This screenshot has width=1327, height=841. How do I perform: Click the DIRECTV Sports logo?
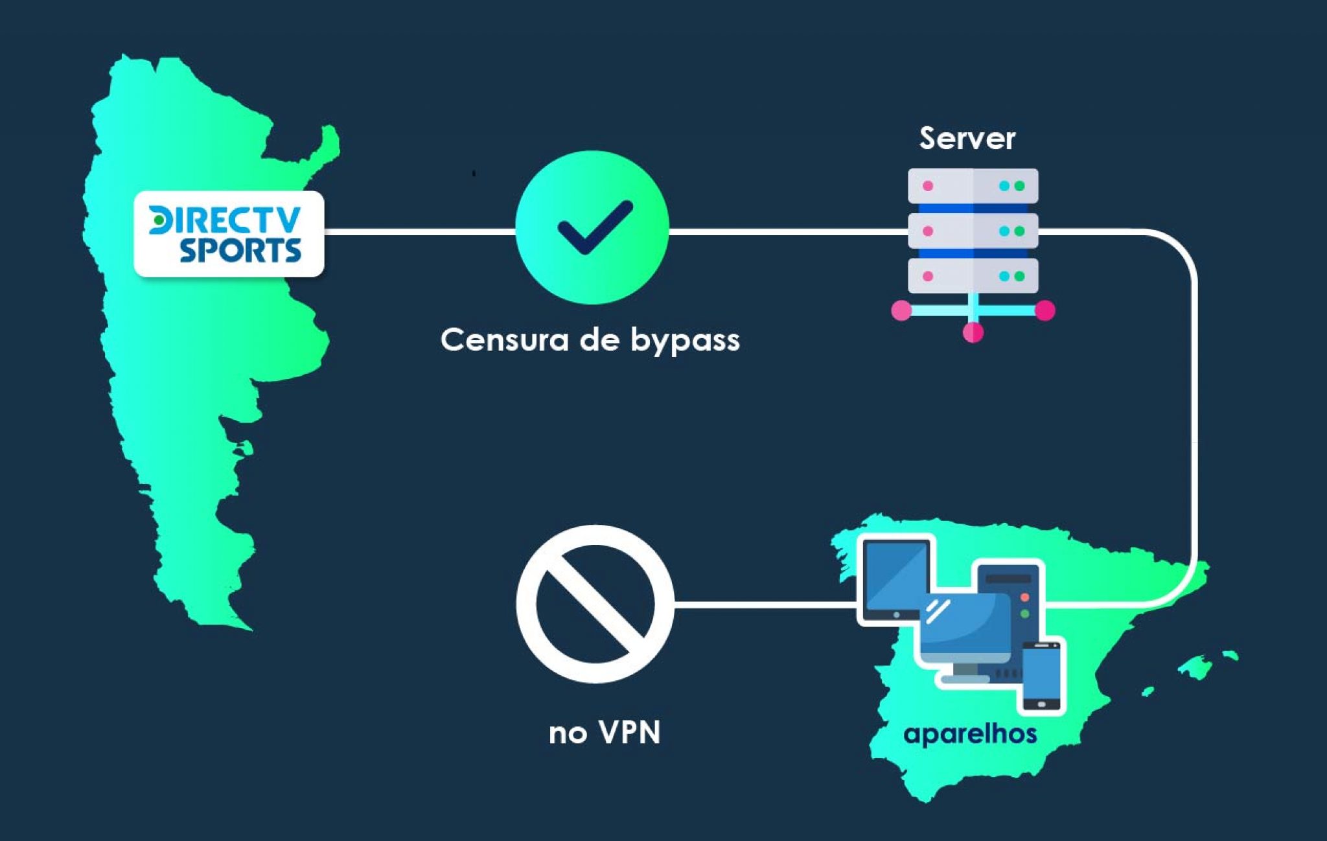[228, 234]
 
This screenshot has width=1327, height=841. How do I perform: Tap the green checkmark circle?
[592, 227]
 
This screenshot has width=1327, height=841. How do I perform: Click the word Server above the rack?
[967, 139]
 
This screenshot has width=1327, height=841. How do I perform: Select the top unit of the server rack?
[973, 186]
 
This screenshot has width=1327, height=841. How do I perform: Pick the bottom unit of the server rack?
[973, 276]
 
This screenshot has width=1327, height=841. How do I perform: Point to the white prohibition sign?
[595, 604]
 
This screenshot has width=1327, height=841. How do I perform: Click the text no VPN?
[604, 733]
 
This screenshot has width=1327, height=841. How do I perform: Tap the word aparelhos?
[970, 734]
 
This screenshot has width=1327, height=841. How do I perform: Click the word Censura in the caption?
[504, 340]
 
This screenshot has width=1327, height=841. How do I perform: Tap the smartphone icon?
[1041, 676]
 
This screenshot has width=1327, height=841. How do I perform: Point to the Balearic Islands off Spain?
[1196, 667]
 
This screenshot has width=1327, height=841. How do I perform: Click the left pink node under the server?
[901, 310]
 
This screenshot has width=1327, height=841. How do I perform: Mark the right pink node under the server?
[1044, 310]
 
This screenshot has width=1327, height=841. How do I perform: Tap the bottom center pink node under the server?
[973, 332]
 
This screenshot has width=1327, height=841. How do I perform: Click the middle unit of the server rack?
[973, 231]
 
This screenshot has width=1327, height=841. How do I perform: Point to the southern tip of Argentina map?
[243, 625]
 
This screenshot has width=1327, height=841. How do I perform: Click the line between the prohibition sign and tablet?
[765, 605]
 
